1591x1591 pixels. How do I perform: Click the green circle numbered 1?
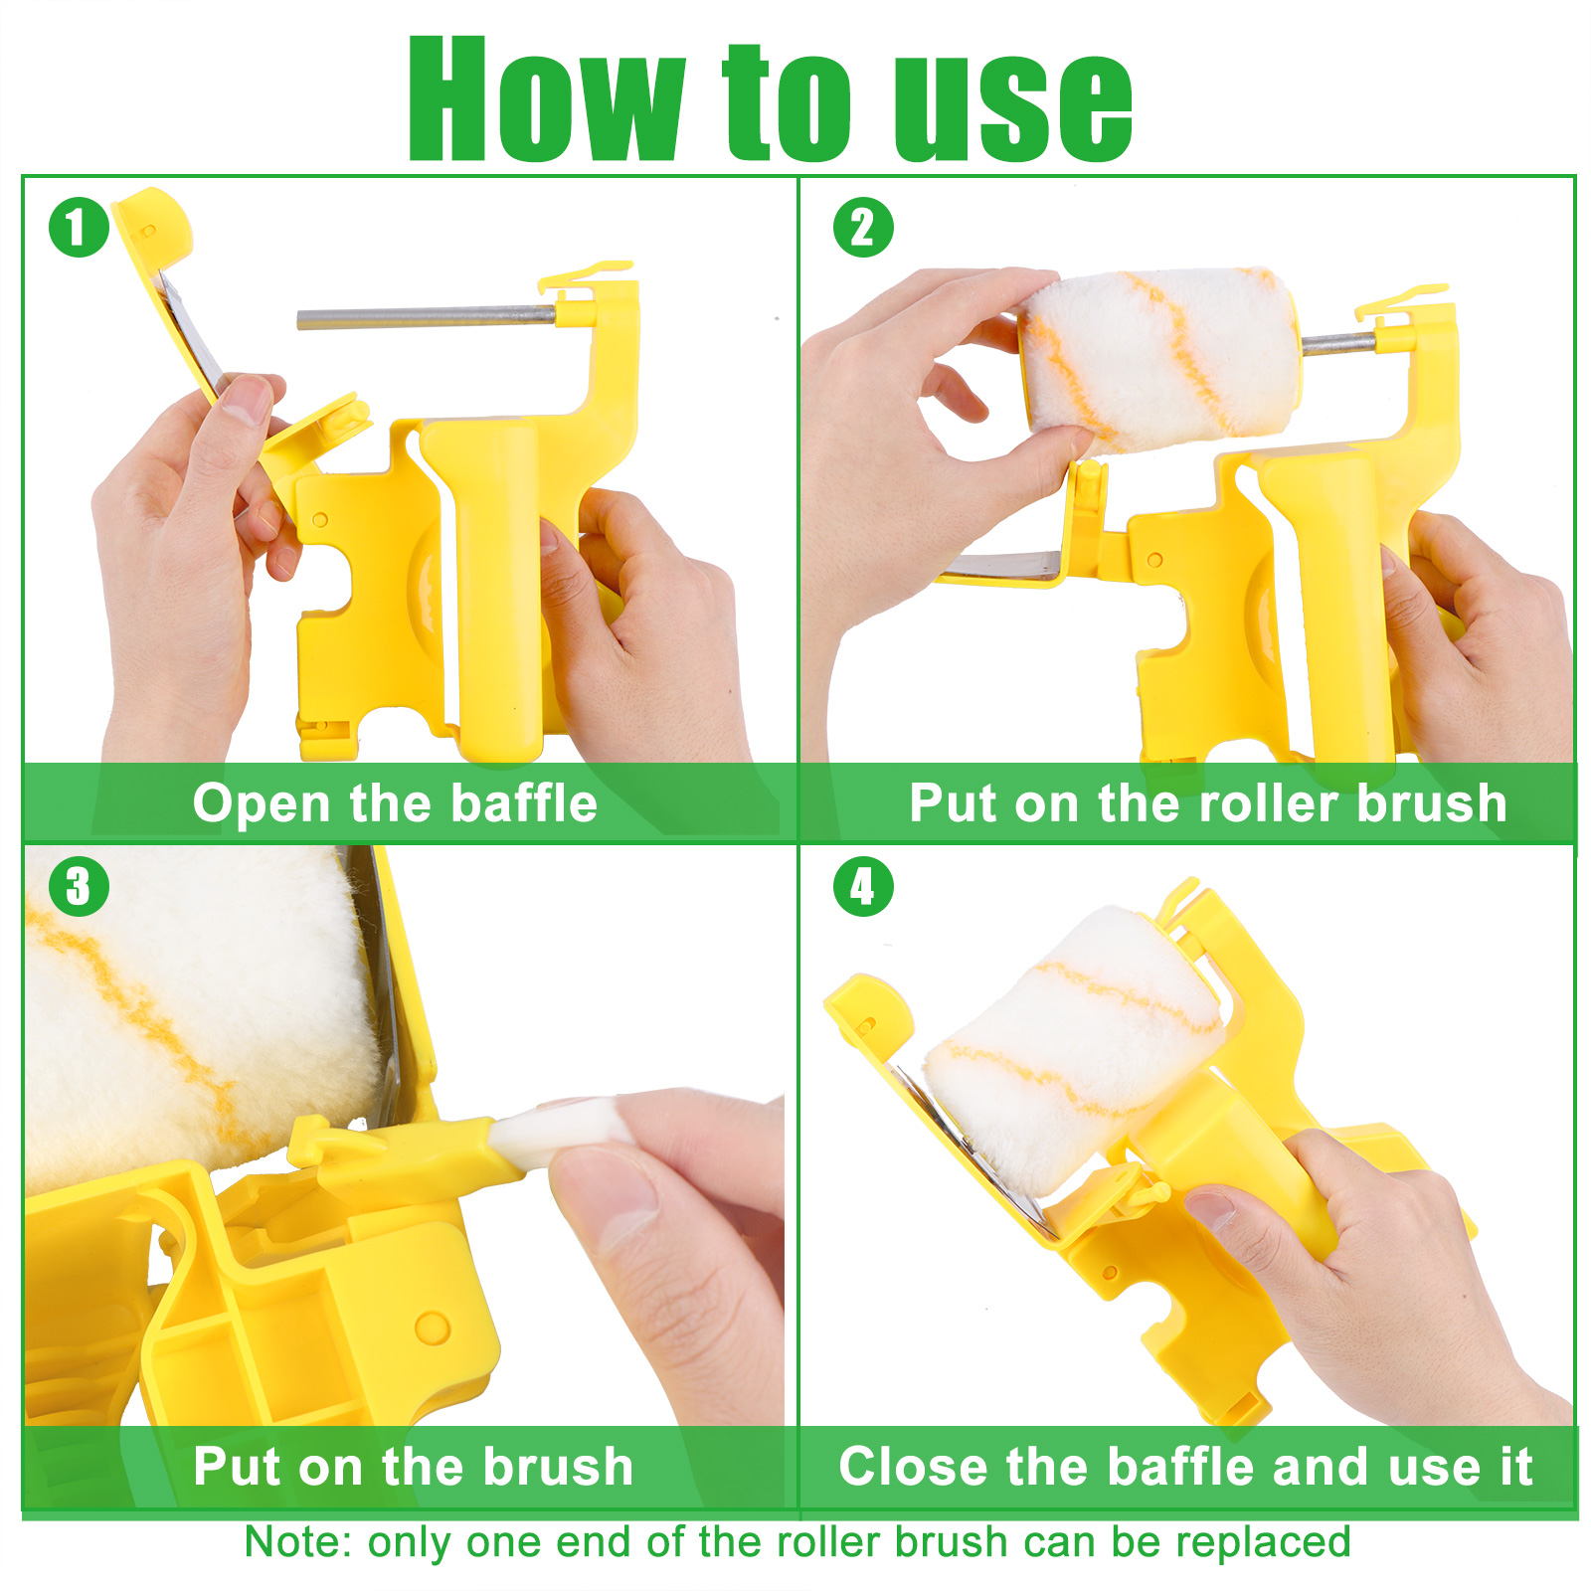point(79,227)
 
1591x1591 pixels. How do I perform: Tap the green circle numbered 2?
point(863,227)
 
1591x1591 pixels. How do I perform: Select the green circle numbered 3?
point(79,886)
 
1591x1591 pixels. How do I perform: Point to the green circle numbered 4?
point(863,886)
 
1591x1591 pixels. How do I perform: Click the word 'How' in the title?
point(547,99)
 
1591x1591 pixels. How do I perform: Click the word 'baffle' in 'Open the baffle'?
point(524,802)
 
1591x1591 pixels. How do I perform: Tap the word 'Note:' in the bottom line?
point(297,1542)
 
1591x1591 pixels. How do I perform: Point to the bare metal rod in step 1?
point(427,318)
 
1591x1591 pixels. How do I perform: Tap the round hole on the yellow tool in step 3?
point(432,1326)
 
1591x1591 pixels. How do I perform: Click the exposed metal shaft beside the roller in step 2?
point(1338,344)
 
